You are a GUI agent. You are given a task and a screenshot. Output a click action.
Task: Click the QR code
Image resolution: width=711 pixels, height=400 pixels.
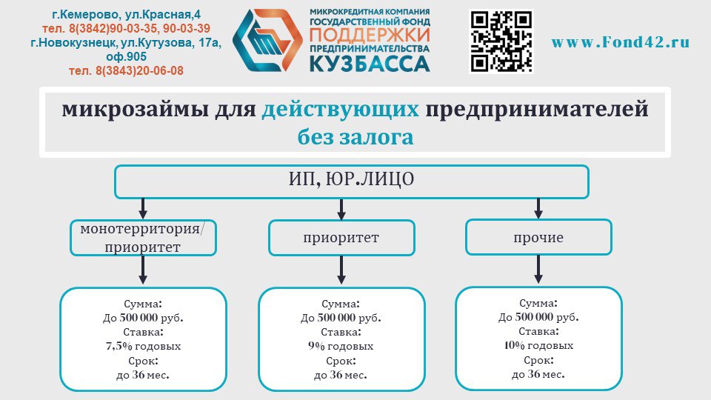[501, 41]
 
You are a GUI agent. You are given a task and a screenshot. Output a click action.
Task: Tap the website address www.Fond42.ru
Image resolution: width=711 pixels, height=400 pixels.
[620, 42]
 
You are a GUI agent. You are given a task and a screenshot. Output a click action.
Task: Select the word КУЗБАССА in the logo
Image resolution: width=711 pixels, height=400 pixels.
[369, 64]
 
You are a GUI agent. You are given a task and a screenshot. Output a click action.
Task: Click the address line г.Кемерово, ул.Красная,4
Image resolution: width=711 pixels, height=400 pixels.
[127, 14]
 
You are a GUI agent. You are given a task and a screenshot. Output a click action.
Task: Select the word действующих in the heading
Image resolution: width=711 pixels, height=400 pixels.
[341, 110]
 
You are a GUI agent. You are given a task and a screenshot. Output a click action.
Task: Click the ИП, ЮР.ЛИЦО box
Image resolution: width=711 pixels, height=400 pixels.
[351, 181]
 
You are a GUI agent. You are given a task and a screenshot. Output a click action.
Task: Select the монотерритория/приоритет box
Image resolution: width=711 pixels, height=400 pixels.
[144, 237]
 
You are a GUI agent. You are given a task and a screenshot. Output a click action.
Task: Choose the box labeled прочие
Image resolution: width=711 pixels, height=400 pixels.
[538, 238]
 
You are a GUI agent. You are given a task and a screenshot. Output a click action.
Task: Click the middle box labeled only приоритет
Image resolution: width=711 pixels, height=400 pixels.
[341, 239]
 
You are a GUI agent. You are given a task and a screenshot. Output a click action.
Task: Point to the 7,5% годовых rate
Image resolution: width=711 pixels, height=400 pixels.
[143, 346]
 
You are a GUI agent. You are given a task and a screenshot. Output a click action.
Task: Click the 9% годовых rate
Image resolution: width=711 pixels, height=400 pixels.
[341, 346]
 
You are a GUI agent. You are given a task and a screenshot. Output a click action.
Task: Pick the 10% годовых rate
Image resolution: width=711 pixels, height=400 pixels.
[538, 345]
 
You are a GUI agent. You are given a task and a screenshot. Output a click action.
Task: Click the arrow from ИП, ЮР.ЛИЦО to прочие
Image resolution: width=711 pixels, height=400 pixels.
[538, 208]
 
